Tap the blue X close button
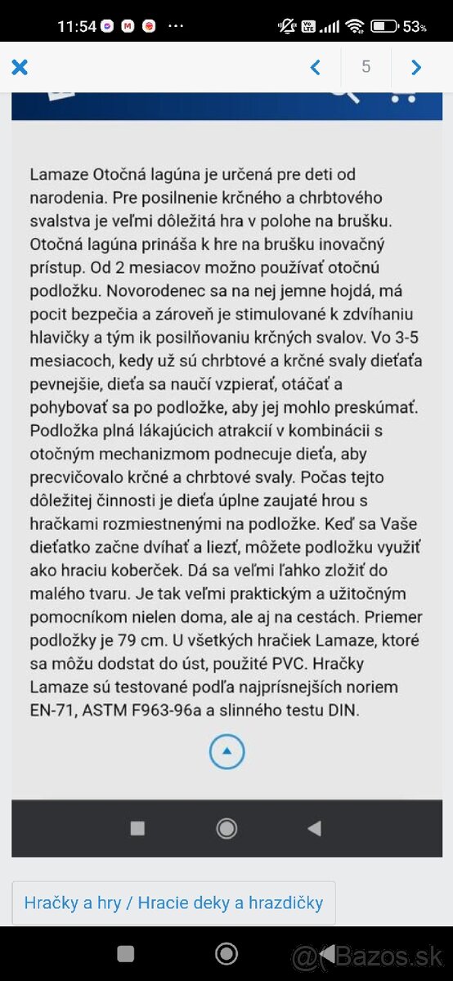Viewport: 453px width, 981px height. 20,67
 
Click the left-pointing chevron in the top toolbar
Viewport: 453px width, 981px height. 316,67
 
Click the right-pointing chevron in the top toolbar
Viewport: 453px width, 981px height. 416,67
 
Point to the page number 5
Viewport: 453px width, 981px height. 366,67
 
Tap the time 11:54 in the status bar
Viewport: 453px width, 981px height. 77,26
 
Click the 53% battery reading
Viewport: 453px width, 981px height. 415,27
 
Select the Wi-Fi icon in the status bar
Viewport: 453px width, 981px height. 354,26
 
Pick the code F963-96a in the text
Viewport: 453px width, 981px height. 164,710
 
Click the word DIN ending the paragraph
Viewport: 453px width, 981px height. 343,710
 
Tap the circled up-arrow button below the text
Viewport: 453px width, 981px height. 226,750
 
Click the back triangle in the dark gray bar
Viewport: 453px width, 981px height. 314,828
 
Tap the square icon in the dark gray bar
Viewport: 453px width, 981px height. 137,828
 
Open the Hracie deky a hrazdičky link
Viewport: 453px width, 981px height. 230,903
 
